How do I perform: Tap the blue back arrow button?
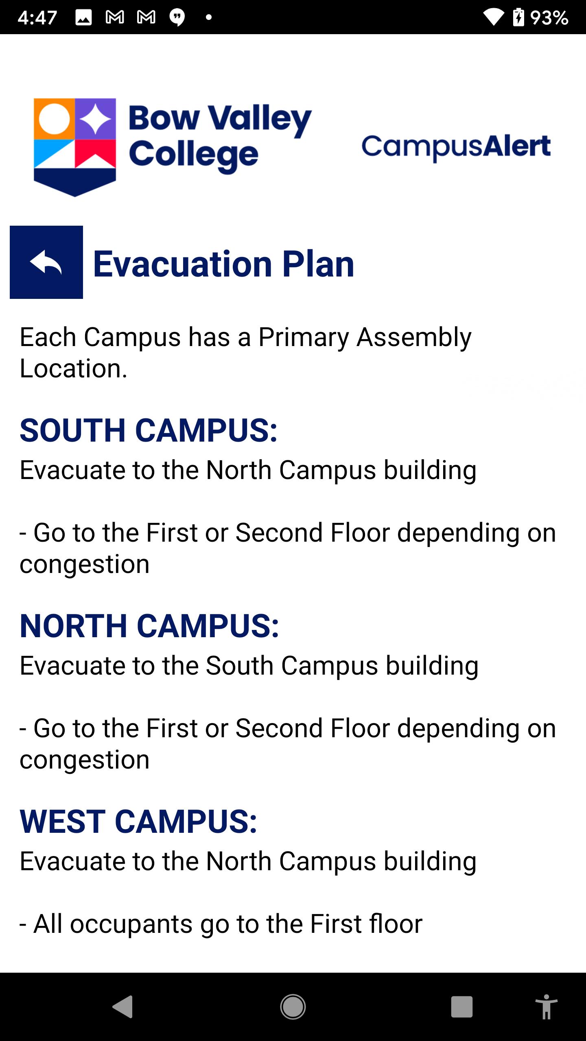pyautogui.click(x=46, y=262)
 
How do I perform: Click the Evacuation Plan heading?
pyautogui.click(x=224, y=264)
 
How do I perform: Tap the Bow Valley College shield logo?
pyautogui.click(x=74, y=147)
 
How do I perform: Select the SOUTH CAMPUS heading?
pyautogui.click(x=149, y=430)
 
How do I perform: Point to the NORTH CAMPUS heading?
pyautogui.click(x=149, y=626)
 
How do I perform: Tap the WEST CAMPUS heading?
pyautogui.click(x=138, y=821)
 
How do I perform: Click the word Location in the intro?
pyautogui.click(x=74, y=368)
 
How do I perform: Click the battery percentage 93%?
pyautogui.click(x=549, y=17)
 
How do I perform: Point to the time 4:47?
pyautogui.click(x=37, y=17)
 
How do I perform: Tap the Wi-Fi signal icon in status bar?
pyautogui.click(x=494, y=17)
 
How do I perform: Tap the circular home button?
pyautogui.click(x=293, y=1007)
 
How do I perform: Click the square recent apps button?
pyautogui.click(x=462, y=1007)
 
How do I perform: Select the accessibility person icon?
pyautogui.click(x=547, y=1007)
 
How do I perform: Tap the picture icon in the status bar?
pyautogui.click(x=83, y=17)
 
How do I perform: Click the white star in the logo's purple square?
pyautogui.click(x=95, y=119)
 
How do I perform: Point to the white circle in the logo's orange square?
pyautogui.click(x=54, y=119)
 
